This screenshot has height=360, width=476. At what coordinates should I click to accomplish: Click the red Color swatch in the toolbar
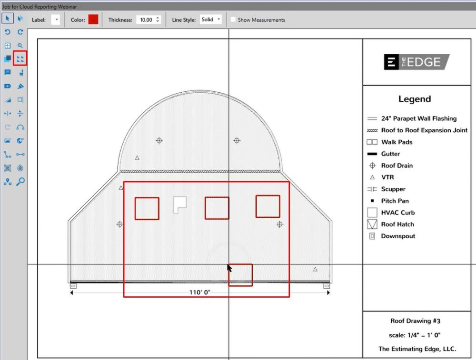(93, 19)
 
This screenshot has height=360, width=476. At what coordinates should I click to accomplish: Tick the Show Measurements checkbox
(233, 19)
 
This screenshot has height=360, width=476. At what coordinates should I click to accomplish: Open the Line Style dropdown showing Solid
(210, 19)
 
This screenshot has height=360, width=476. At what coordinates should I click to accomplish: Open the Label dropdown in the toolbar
(56, 19)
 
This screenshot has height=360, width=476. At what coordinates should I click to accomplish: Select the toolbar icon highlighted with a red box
(20, 59)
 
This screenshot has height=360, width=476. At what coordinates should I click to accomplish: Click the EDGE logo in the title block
(416, 62)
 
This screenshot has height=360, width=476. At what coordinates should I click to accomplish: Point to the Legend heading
(415, 99)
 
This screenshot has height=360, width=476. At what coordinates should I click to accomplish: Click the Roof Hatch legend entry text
(397, 224)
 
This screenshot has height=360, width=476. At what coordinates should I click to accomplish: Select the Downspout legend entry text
(398, 236)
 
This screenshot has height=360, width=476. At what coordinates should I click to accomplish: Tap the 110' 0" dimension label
(199, 292)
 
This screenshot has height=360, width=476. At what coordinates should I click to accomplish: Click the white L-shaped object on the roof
(179, 204)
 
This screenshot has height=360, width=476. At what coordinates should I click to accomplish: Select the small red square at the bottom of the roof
(240, 275)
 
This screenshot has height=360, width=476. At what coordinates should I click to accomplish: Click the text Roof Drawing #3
(416, 321)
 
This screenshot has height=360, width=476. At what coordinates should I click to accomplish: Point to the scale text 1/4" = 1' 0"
(415, 335)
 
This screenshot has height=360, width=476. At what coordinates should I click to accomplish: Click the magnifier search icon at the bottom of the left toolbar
(20, 182)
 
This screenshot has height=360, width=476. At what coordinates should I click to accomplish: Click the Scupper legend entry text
(393, 189)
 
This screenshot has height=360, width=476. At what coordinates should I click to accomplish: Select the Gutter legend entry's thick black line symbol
(372, 154)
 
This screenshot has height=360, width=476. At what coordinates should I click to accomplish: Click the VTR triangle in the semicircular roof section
(137, 158)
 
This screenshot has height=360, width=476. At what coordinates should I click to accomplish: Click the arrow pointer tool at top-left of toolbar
(8, 19)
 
